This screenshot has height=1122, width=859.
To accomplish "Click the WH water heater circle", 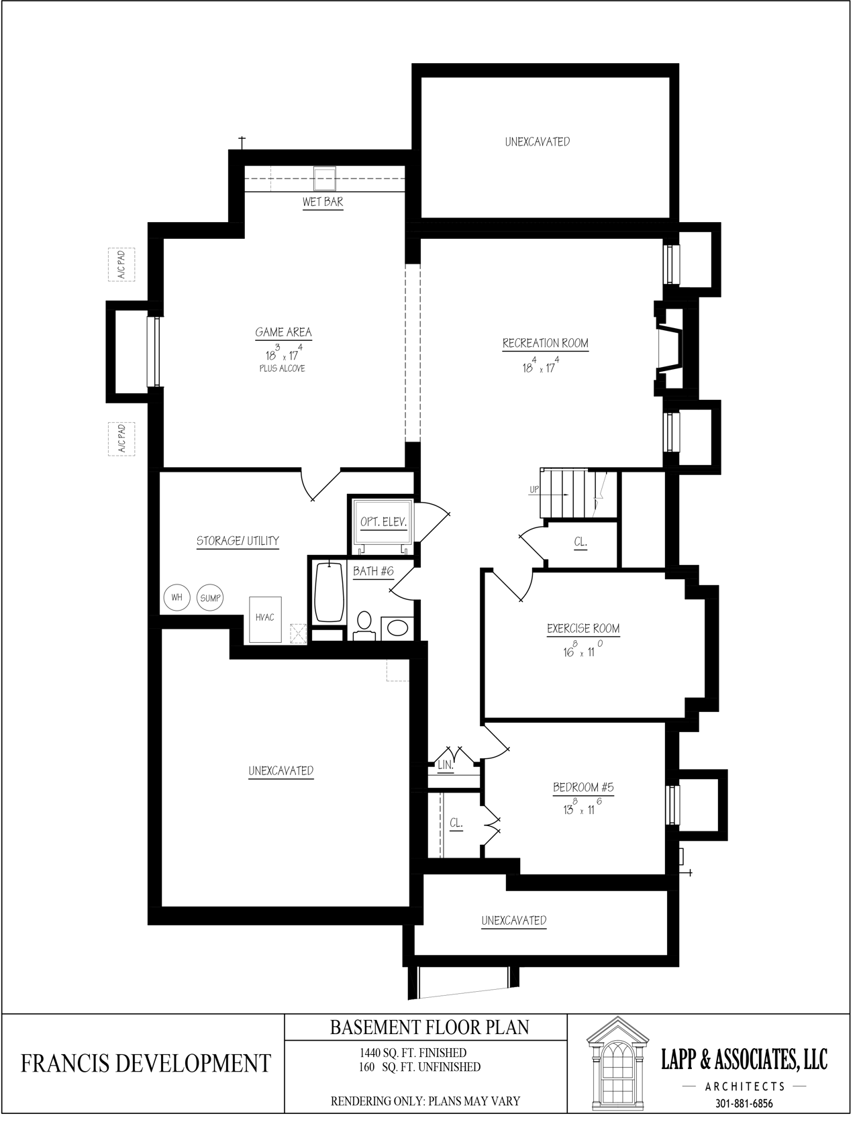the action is click(x=177, y=597).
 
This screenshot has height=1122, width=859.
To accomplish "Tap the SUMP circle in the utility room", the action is click(x=211, y=597).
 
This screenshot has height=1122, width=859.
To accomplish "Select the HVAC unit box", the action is click(x=265, y=619).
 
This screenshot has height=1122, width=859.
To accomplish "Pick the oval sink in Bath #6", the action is click(x=397, y=629).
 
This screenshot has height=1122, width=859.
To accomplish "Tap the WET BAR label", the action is click(x=323, y=202).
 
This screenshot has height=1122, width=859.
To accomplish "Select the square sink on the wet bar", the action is click(x=325, y=178).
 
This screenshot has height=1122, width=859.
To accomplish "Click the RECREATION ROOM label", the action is click(x=546, y=344).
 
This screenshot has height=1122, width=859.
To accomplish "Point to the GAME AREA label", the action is click(x=283, y=332).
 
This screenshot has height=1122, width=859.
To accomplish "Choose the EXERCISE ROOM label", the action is click(x=583, y=629).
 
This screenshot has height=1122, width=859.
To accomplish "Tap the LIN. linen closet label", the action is click(x=446, y=765).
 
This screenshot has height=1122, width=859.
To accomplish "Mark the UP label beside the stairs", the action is click(x=534, y=490).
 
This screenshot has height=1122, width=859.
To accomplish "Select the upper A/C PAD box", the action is click(x=121, y=265).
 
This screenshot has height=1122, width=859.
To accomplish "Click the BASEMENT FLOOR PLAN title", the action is click(x=429, y=1027).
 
